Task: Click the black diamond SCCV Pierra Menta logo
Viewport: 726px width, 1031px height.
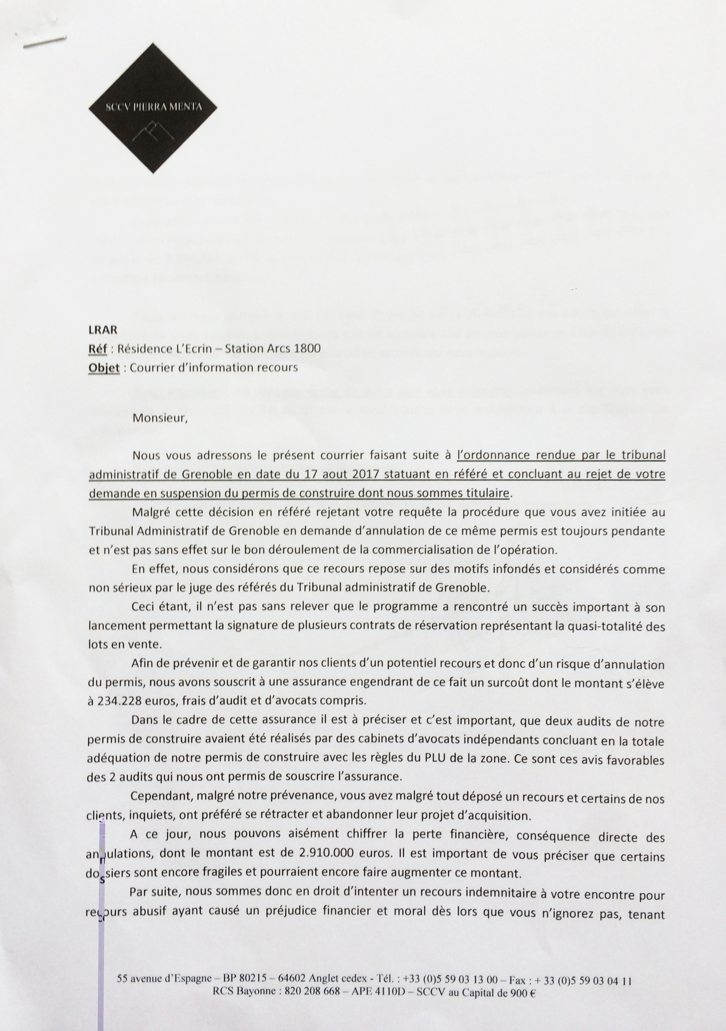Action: pyautogui.click(x=153, y=108)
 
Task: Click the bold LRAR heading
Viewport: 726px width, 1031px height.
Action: pyautogui.click(x=103, y=330)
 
